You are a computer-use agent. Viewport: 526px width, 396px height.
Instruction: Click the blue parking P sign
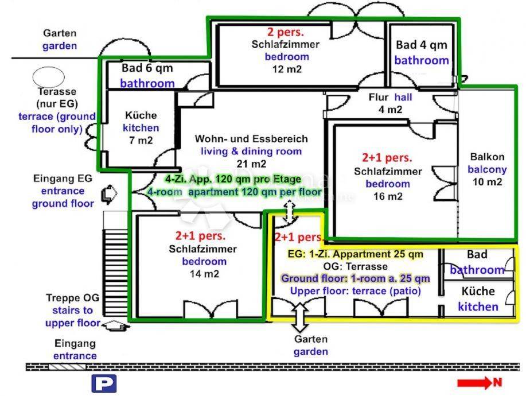(104, 383)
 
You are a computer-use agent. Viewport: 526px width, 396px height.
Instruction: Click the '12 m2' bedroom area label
(287, 69)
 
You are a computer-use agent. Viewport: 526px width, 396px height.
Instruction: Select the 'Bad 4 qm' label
(421, 45)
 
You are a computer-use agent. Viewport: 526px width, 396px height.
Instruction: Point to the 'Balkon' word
(487, 157)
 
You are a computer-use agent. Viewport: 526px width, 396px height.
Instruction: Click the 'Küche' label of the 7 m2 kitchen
(141, 115)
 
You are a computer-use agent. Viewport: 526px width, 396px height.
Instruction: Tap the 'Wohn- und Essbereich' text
(251, 139)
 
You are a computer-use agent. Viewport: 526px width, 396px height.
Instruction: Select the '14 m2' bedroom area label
(204, 274)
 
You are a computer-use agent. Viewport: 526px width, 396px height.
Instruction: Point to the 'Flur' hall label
(379, 97)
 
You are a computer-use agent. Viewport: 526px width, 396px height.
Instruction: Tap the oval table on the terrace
(44, 76)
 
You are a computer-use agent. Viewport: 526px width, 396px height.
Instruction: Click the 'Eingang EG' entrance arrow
(107, 195)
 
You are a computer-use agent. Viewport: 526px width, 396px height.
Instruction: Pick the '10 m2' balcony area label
(486, 182)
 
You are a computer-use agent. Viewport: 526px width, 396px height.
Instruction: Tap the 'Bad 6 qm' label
(147, 68)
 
